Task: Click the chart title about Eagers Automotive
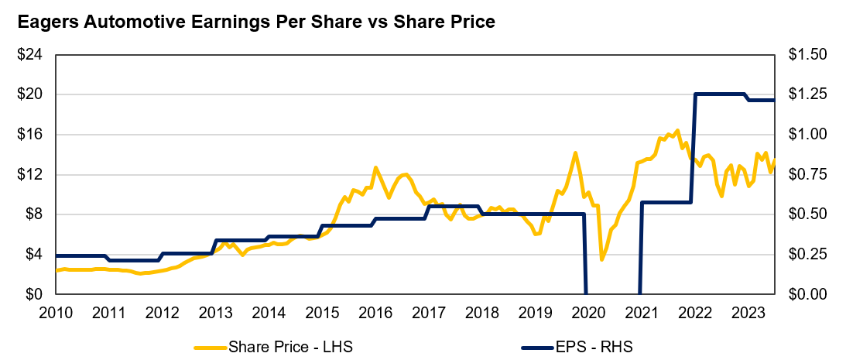click(x=256, y=22)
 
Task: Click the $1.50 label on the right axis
click(x=807, y=55)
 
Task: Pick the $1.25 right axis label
click(x=807, y=94)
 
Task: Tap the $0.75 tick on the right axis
click(x=807, y=175)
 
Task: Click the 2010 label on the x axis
click(x=56, y=313)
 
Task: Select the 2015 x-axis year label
click(x=321, y=313)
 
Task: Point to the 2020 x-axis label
click(x=587, y=313)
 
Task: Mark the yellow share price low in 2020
click(x=601, y=259)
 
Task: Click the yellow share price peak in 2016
click(x=375, y=167)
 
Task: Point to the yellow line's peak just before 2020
click(x=575, y=153)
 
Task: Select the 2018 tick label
click(x=481, y=313)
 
